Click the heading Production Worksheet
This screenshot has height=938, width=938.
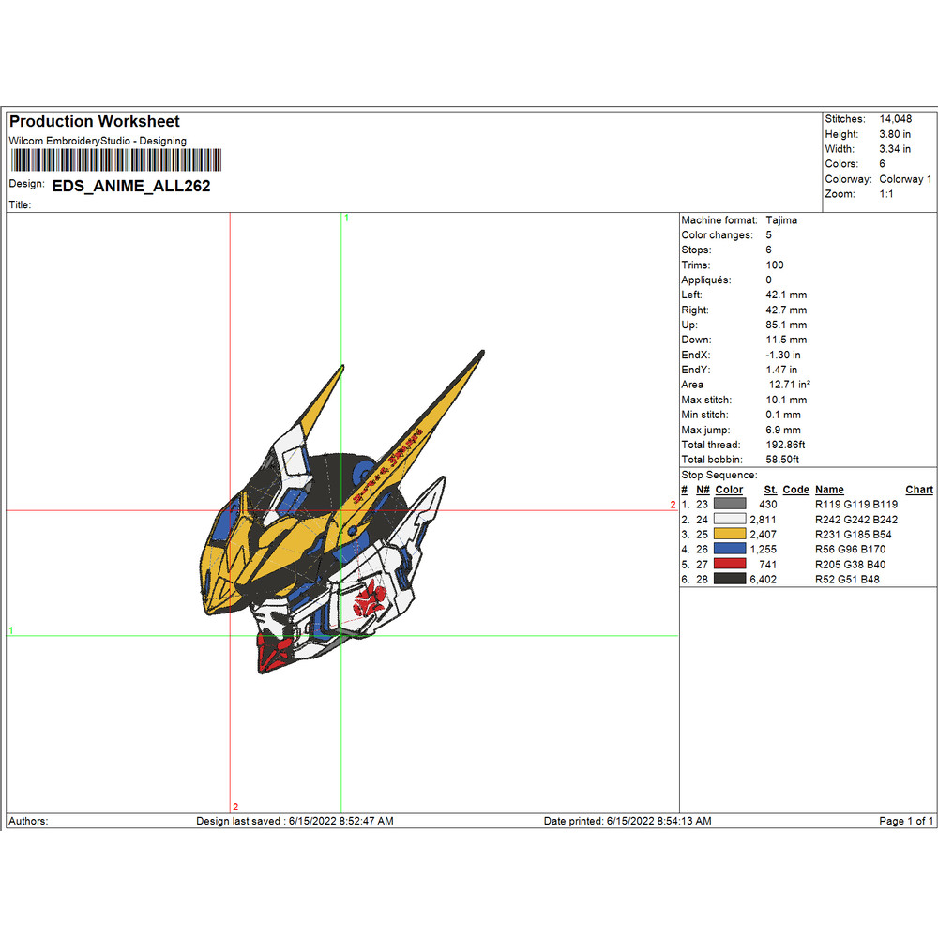(x=94, y=121)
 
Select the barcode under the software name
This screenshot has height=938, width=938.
(x=113, y=159)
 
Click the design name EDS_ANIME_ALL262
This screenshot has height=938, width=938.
(x=131, y=186)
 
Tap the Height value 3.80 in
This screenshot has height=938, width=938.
(x=895, y=134)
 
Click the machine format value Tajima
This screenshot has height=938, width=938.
(x=781, y=219)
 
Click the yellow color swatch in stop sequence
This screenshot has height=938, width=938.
(x=730, y=534)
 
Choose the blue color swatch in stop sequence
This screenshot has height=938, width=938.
(x=730, y=549)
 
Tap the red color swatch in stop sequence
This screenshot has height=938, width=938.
(x=730, y=564)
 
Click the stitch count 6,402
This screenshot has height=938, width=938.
(x=763, y=579)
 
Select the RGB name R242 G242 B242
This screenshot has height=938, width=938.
(x=856, y=519)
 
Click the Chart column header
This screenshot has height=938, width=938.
(x=919, y=490)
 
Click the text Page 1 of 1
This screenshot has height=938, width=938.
(x=905, y=821)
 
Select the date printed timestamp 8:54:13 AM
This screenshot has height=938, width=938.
(x=680, y=821)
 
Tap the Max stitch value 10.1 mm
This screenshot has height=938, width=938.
(x=785, y=400)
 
